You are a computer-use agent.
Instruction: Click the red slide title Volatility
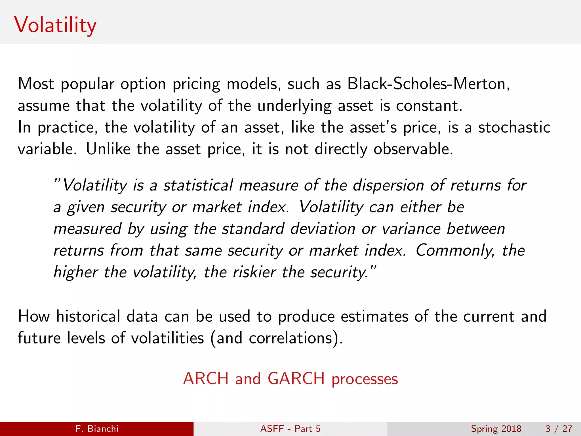tap(55, 25)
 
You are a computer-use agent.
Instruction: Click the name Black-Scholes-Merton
tap(428, 84)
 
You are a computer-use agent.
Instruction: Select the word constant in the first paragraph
tap(429, 106)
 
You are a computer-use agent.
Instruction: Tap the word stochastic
tap(514, 127)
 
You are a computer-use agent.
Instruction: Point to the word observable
tap(413, 149)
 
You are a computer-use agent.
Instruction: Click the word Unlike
tap(108, 149)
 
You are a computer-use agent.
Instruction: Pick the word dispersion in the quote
tap(388, 186)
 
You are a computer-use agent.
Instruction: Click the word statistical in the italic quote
tap(198, 186)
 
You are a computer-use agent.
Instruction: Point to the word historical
tap(88, 316)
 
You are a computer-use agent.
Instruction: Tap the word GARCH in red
tap(296, 379)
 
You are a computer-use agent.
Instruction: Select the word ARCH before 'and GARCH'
tap(206, 379)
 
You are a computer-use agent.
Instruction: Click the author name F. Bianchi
tap(97, 429)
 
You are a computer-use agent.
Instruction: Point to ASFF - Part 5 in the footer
tap(290, 429)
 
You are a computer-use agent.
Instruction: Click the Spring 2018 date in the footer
tap(496, 429)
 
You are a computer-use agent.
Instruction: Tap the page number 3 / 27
tap(559, 429)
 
